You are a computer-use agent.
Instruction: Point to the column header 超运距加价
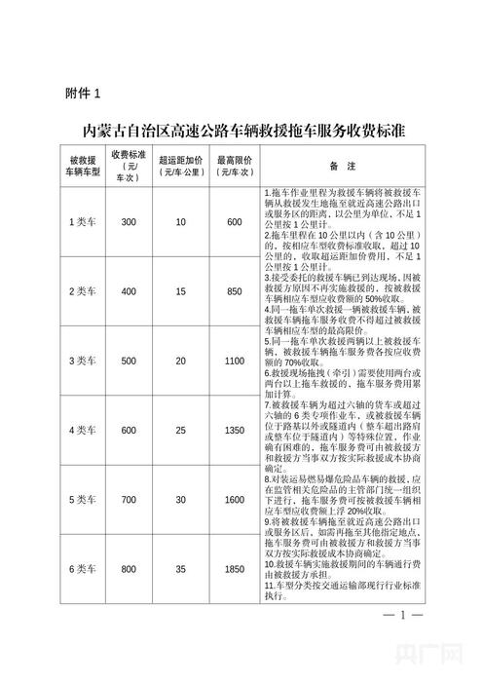click(x=180, y=162)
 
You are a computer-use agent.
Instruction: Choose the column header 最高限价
click(x=235, y=162)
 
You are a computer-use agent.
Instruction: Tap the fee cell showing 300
click(x=129, y=222)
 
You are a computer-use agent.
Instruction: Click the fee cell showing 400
click(x=129, y=292)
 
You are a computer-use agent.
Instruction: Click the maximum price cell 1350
click(x=235, y=430)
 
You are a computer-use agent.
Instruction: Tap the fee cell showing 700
click(x=129, y=499)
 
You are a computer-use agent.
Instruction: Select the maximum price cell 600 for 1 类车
click(x=235, y=222)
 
